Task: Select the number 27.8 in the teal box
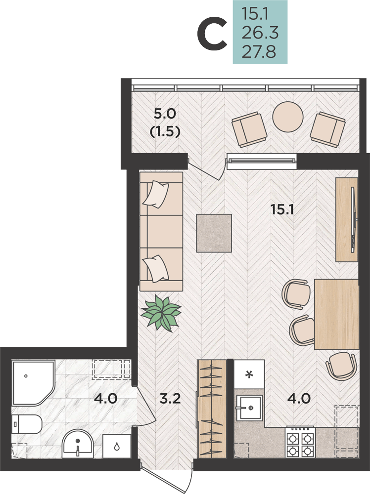pos(259,52)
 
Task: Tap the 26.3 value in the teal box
pos(260,33)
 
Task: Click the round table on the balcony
pos(288,117)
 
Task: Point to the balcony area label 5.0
pos(165,114)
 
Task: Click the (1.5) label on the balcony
pos(165,131)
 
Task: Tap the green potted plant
pos(161,313)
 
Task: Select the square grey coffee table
pos(214,233)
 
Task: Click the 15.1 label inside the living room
pos(282,209)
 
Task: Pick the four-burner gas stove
pos(300,442)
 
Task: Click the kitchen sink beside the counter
pos(249,408)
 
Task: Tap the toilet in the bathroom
pos(27,424)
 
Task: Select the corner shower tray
pos(33,383)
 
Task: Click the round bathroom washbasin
pos(77,444)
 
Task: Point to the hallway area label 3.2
pos(170,399)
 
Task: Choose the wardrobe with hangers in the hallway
pos(212,409)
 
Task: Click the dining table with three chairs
pos(336,314)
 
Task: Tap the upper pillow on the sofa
pos(156,194)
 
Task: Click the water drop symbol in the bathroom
pos(117,446)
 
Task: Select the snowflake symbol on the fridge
pos(249,374)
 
